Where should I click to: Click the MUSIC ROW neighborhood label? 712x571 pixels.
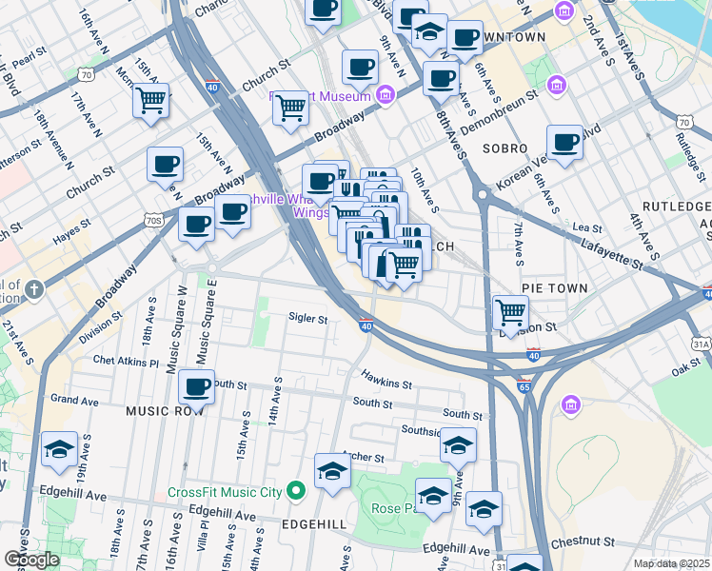[165, 411]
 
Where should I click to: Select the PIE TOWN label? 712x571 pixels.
[554, 287]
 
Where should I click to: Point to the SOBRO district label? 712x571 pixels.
[504, 149]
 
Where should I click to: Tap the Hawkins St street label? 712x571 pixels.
[386, 385]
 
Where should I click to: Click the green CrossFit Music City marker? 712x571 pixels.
[296, 491]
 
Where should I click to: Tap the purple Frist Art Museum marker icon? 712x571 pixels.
[386, 94]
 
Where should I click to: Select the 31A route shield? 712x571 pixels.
[702, 344]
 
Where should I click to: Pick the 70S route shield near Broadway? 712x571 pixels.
[154, 220]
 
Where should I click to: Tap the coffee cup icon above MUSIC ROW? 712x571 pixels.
[196, 386]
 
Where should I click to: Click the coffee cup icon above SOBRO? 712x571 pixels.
[564, 142]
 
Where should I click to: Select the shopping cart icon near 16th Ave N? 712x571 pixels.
[150, 100]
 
